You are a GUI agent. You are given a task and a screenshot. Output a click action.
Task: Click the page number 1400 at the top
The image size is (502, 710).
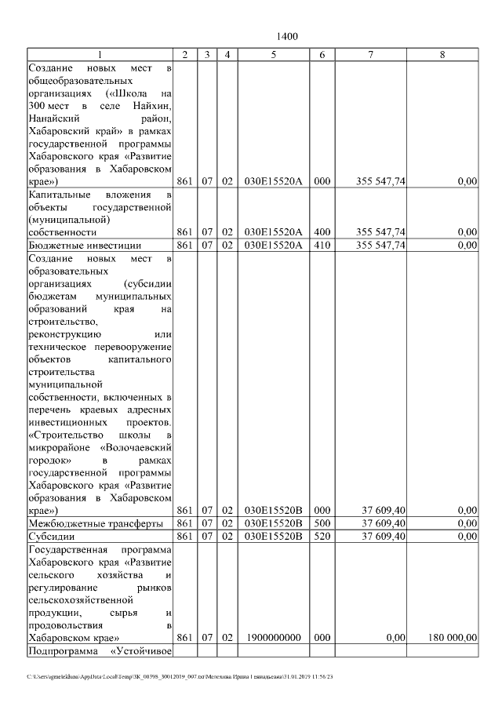[x=288, y=37]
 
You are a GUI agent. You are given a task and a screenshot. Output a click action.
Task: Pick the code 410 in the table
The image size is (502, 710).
[x=322, y=246]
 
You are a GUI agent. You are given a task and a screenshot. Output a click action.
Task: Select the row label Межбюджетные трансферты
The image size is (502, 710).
[x=95, y=523]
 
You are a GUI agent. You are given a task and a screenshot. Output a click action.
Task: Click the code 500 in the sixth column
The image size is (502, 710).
[x=322, y=523]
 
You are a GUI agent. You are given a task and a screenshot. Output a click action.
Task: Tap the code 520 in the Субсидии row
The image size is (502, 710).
[x=322, y=537]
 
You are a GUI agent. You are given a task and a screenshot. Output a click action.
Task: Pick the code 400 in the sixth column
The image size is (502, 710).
[x=322, y=232]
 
